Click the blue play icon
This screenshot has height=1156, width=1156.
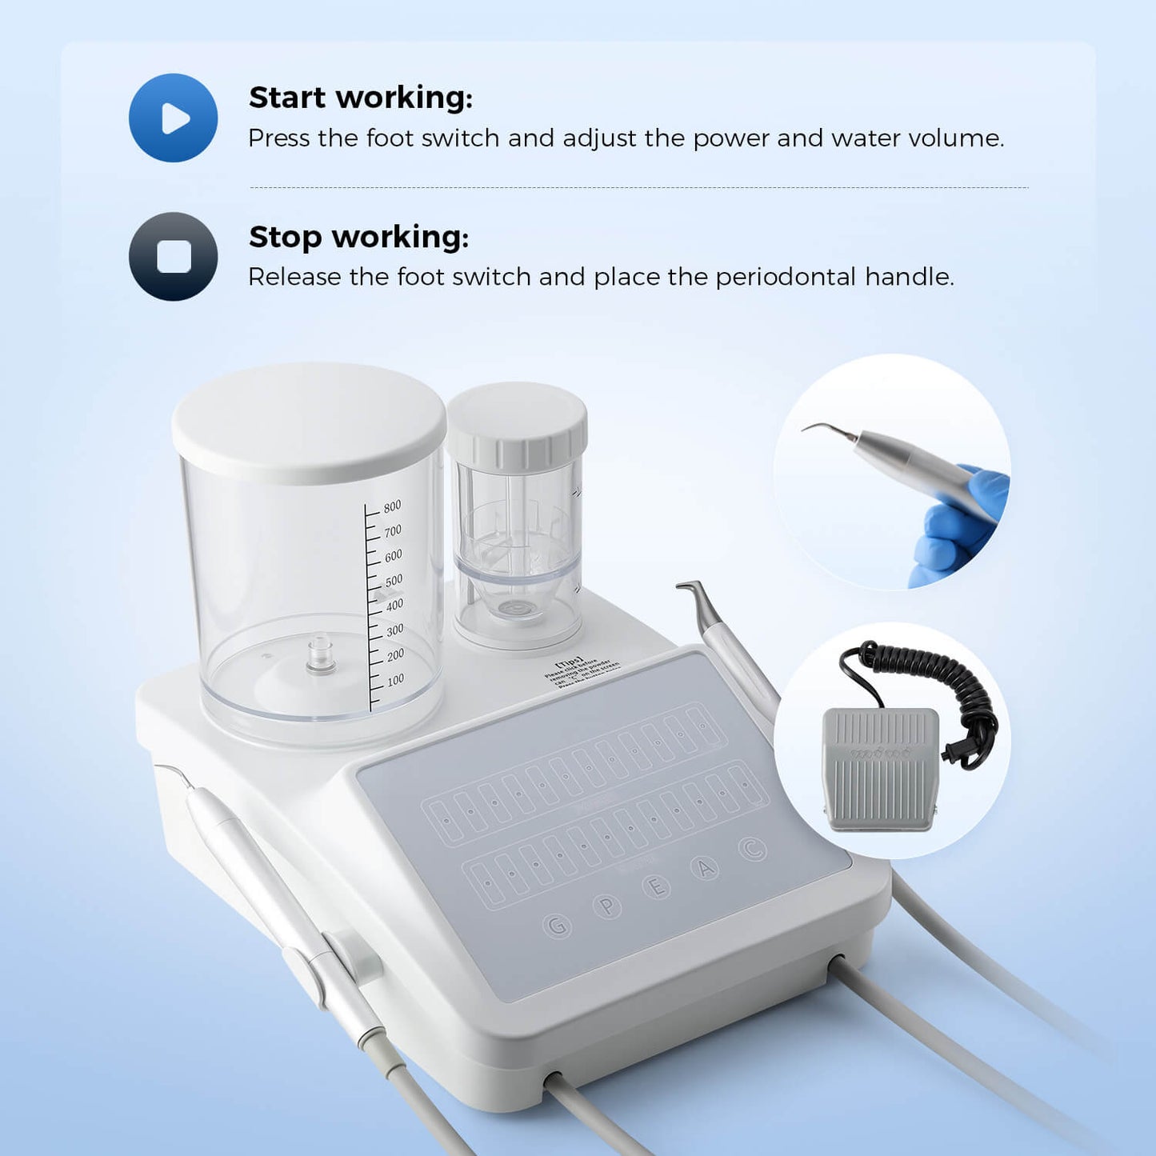pyautogui.click(x=173, y=118)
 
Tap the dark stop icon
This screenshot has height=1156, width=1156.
pyautogui.click(x=173, y=257)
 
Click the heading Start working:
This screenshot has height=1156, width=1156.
pyautogui.click(x=361, y=98)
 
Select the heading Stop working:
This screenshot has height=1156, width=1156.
pyautogui.click(x=358, y=237)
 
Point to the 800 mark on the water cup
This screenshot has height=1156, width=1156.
pyautogui.click(x=392, y=506)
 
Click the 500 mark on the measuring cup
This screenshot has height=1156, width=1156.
pyautogui.click(x=394, y=581)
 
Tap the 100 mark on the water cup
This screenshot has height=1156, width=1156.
pyautogui.click(x=395, y=681)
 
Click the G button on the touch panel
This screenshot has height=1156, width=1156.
pyautogui.click(x=557, y=926)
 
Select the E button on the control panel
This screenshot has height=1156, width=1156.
pyautogui.click(x=657, y=886)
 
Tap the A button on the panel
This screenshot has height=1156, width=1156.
pyautogui.click(x=705, y=867)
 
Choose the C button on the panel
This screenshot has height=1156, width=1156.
pyautogui.click(x=751, y=849)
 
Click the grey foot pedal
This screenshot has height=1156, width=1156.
pyautogui.click(x=880, y=768)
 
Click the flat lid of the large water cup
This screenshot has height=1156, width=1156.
pyautogui.click(x=308, y=420)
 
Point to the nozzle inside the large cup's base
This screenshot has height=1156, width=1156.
pyautogui.click(x=320, y=655)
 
